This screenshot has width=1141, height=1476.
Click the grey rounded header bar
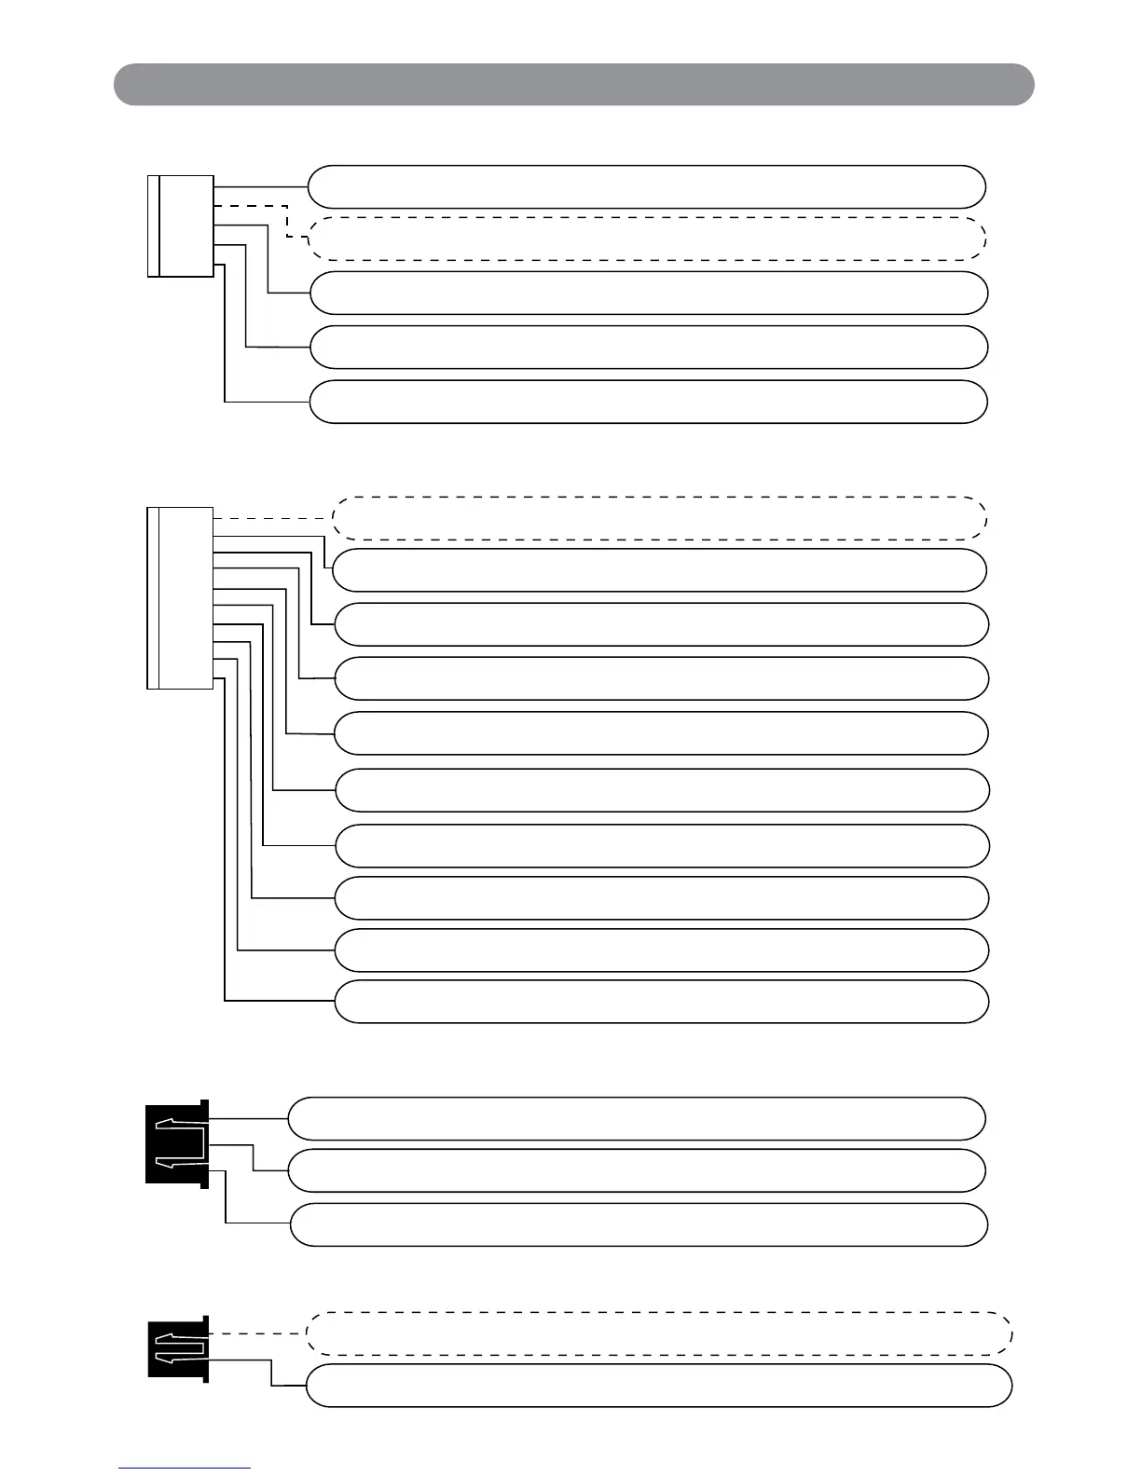573,85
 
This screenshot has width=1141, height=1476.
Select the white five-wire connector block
182,226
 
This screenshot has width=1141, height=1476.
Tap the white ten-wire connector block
182,597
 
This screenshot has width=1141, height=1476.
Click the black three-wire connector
177,1143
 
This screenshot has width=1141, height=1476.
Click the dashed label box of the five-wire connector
647,239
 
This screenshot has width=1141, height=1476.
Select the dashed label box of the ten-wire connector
659,518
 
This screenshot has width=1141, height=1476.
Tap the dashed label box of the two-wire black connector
659,1333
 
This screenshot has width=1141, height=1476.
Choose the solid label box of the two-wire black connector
659,1386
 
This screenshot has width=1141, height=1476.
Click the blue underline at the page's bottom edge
185,1469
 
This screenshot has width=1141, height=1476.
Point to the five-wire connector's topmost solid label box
647,186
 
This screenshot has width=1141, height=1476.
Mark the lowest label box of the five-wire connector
648,402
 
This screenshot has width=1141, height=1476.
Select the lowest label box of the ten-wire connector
661,1002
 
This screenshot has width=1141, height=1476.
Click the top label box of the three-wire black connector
636,1118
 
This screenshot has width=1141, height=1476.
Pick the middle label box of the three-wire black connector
636,1170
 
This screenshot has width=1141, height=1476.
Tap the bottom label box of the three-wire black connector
639,1224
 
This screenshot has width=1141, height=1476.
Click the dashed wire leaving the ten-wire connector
273,518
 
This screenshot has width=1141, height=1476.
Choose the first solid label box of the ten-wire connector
659,570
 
